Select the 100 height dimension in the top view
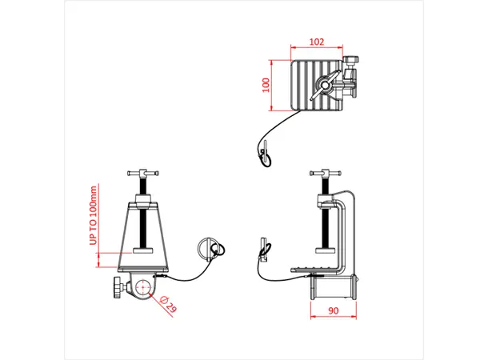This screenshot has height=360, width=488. (265, 86)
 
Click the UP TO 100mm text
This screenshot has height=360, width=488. (93, 216)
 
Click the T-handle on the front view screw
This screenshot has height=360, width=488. (145, 173)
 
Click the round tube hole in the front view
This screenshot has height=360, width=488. (145, 288)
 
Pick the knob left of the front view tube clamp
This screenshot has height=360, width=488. (118, 288)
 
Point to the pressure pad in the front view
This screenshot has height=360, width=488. (145, 252)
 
